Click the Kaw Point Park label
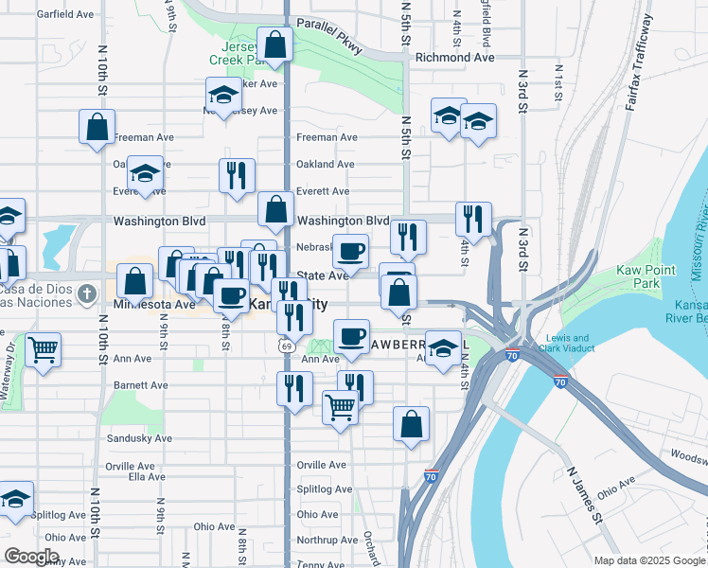coord(649,276)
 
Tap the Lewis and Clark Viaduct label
coord(567,344)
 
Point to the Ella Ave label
coord(147,476)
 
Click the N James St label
coord(585,493)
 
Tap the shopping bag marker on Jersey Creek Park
coord(274,44)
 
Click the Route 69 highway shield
coord(284,346)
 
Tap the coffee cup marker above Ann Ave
coord(351,336)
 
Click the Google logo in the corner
coord(30,557)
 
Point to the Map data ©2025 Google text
coord(649,560)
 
